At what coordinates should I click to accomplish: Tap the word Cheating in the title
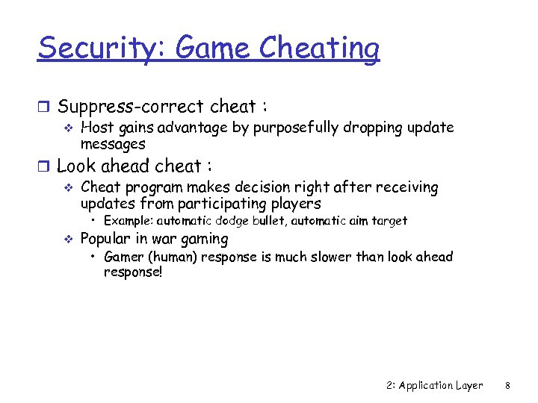[x=319, y=49]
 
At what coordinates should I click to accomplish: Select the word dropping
[x=374, y=128]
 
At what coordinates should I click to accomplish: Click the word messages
[x=113, y=143]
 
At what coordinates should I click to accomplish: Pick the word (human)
[x=174, y=257]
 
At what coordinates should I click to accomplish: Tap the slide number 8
[x=507, y=386]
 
